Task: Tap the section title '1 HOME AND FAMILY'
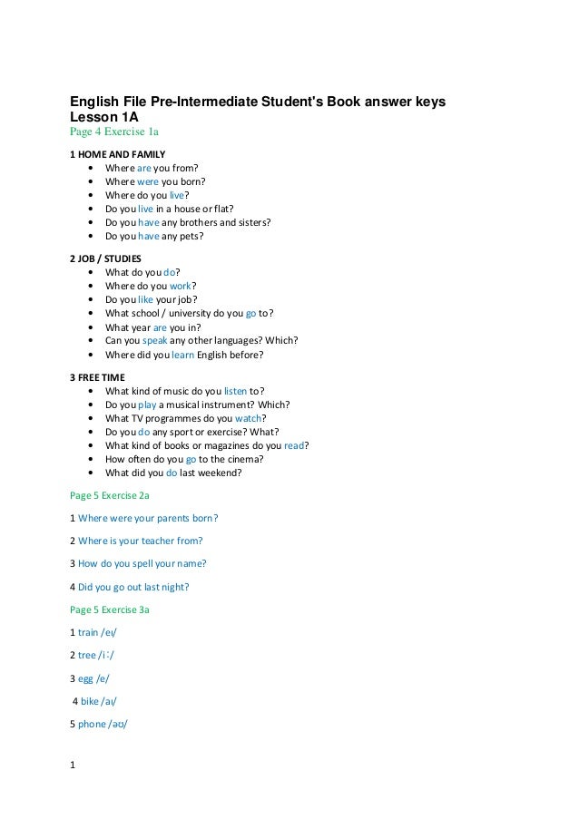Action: coord(118,153)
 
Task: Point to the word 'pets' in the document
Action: coord(190,236)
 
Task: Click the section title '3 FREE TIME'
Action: coord(99,376)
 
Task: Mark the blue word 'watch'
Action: coord(248,418)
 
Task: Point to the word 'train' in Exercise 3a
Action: coord(88,632)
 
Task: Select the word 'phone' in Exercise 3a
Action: coord(92,724)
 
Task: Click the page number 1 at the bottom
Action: coord(73,764)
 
